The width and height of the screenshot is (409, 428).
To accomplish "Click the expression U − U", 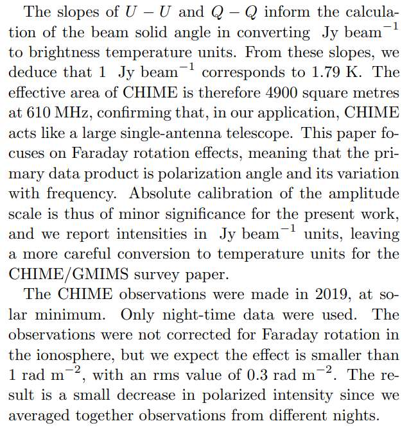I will pos(139,12).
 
